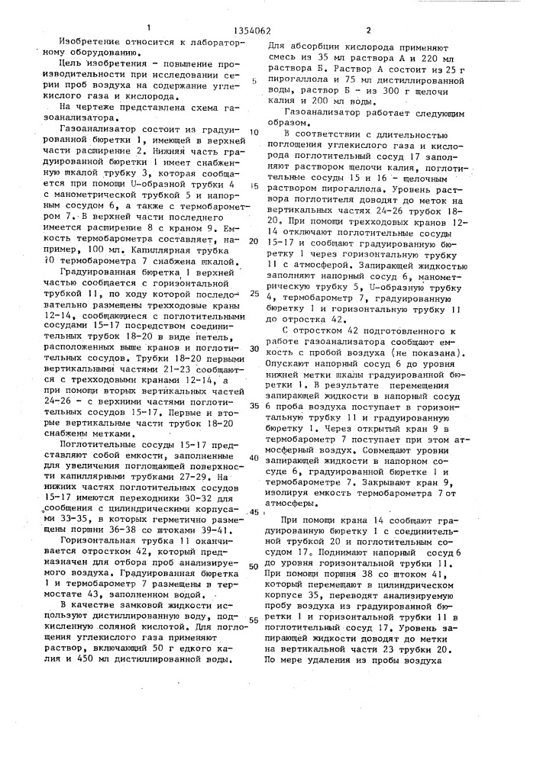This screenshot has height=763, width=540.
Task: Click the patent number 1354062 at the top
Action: pos(270,10)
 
